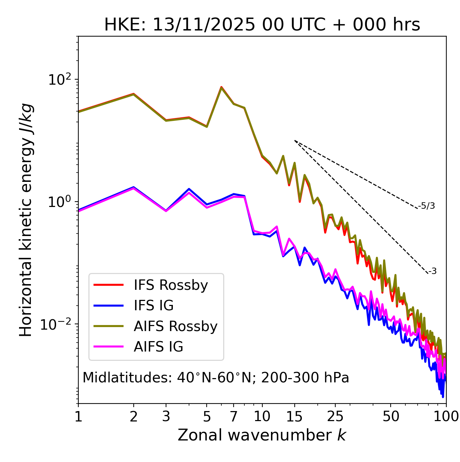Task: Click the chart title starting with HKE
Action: [x=262, y=25]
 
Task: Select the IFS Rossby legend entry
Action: [x=171, y=285]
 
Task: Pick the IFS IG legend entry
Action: [x=153, y=306]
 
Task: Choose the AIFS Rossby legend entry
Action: [x=175, y=326]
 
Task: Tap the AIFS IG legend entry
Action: [x=158, y=347]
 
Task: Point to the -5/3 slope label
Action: [x=427, y=206]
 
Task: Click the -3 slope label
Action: [x=432, y=272]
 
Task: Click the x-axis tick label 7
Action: [x=234, y=416]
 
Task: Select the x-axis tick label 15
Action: [x=294, y=416]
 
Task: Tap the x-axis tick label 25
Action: [x=335, y=416]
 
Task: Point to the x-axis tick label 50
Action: [x=391, y=416]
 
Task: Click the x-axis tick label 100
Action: [x=446, y=416]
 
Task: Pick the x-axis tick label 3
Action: [x=166, y=416]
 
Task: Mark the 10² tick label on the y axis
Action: [x=59, y=80]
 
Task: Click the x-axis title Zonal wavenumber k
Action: [x=262, y=435]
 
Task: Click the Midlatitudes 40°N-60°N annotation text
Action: [x=216, y=378]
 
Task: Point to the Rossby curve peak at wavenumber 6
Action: [x=221, y=87]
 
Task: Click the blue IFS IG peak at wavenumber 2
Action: [x=134, y=187]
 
